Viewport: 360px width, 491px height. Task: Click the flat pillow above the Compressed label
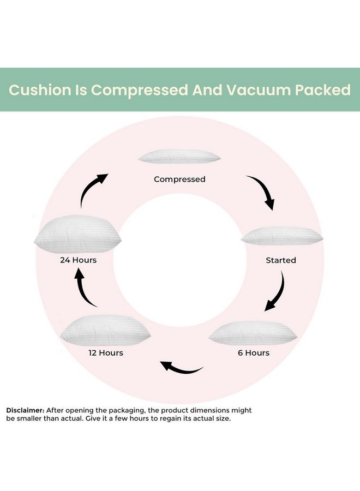pos(179,156)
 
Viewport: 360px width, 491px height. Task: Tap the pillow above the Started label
pos(282,236)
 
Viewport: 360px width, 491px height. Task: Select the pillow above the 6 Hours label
pos(253,333)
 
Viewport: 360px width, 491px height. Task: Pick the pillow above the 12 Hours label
pos(105,331)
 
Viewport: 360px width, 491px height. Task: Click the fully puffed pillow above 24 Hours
pos(77,234)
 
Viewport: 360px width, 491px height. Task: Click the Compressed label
pos(179,179)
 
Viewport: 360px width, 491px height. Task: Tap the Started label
pos(281,260)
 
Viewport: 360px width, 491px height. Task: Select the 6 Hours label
pos(254,353)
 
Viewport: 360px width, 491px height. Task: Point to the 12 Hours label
pos(106,353)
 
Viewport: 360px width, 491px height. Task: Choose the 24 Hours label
pos(78,260)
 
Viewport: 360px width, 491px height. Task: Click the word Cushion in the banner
pos(40,90)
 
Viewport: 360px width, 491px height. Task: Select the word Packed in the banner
pos(323,90)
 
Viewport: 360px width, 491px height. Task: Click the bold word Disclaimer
pos(25,410)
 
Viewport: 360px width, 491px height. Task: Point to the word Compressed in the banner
pos(140,91)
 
